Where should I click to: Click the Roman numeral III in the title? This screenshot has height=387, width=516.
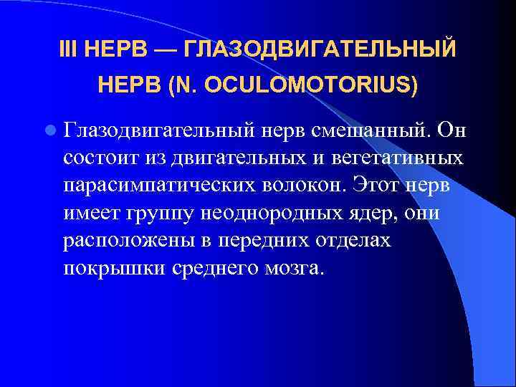coord(68,51)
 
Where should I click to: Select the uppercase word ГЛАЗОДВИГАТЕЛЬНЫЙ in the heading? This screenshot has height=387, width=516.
coord(320,51)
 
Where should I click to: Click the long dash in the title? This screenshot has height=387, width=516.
coord(162,51)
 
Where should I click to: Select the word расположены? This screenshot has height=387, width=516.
coord(118,239)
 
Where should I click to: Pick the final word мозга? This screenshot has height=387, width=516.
coord(295,267)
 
